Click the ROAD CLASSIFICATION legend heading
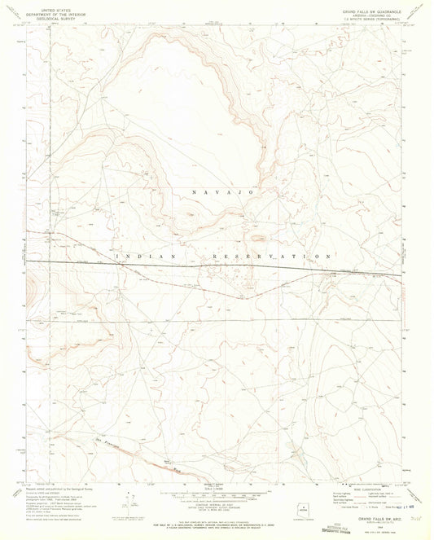363,488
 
